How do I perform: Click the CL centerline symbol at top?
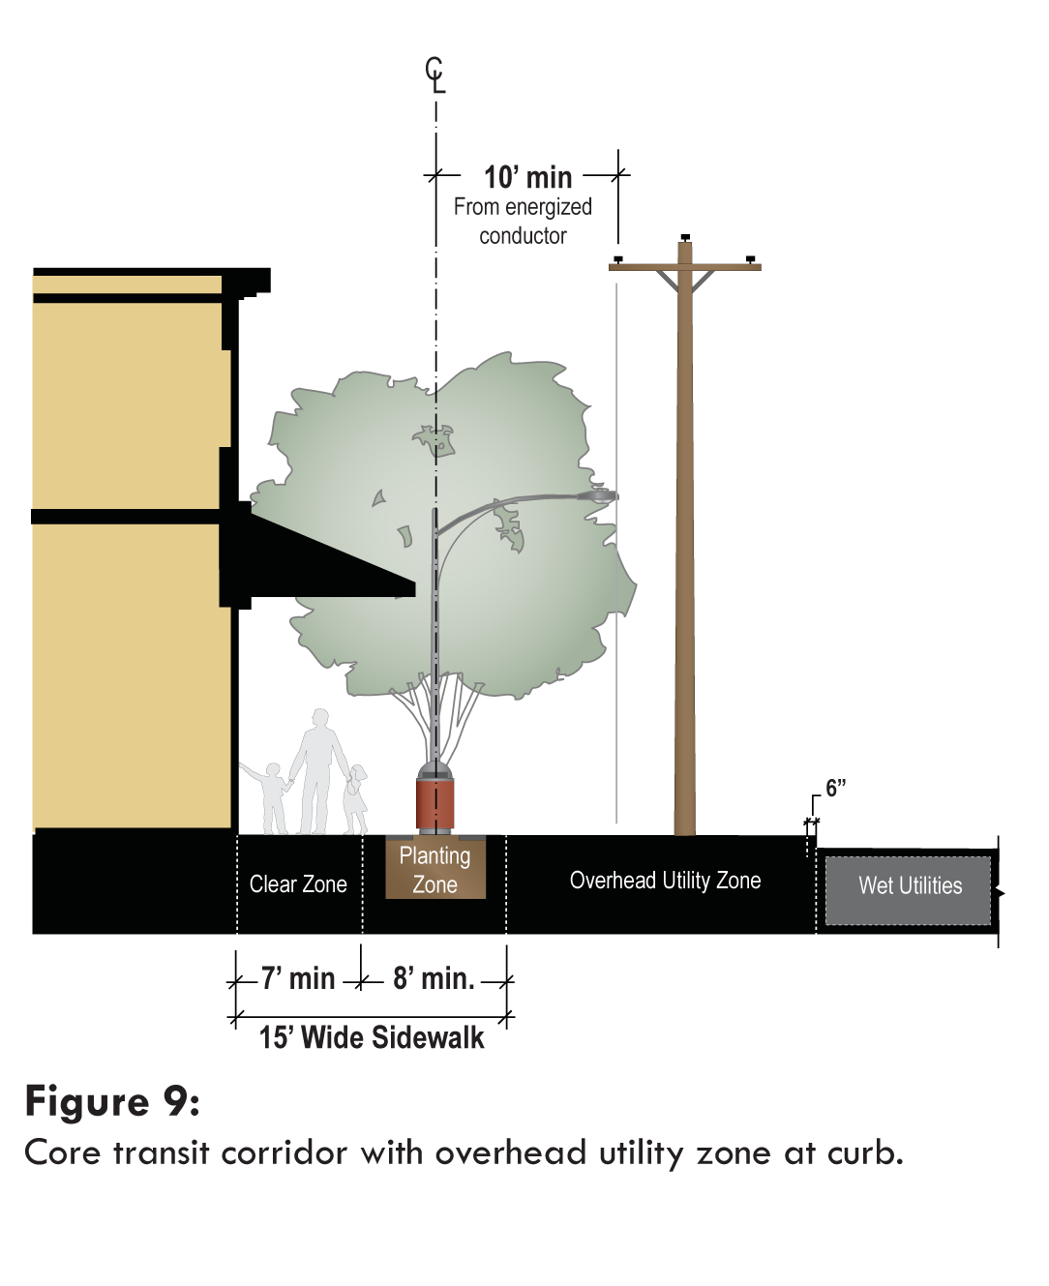[435, 75]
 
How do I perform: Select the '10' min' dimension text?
[527, 177]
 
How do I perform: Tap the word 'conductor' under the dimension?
[523, 236]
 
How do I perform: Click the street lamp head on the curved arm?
[598, 495]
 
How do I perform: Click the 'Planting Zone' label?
[435, 870]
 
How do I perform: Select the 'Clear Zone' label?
[298, 884]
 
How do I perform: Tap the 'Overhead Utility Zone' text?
[665, 881]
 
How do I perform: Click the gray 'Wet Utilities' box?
[910, 886]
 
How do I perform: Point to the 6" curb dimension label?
[835, 788]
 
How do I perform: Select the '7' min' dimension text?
[298, 978]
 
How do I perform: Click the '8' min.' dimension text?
[434, 978]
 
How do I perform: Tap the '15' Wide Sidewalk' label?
[372, 1037]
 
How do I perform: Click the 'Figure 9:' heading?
[112, 1101]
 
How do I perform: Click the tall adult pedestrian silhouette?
[318, 769]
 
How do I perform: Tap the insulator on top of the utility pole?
[685, 237]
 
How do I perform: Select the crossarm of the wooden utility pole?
[685, 266]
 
